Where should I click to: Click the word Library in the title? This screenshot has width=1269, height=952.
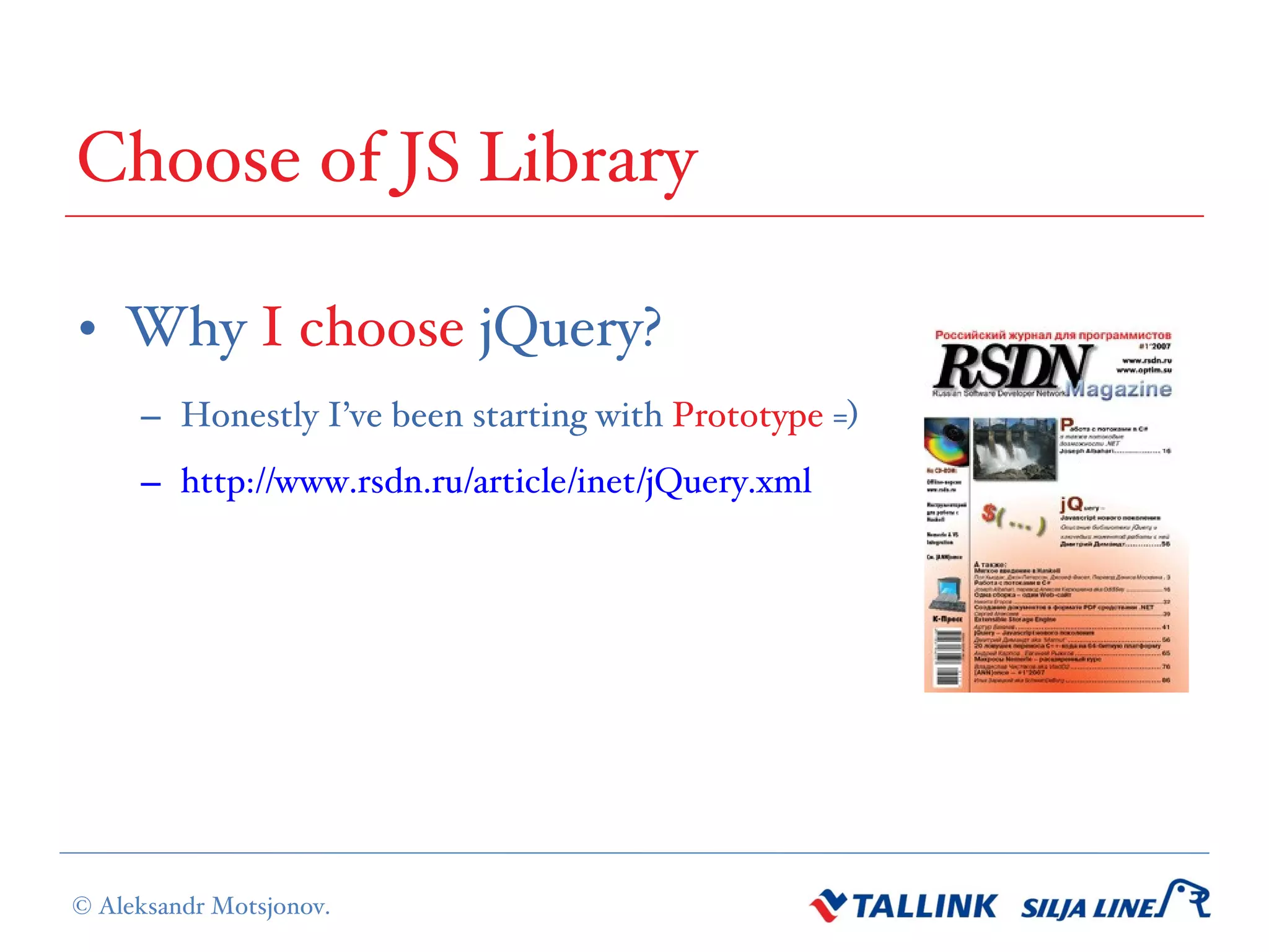click(589, 159)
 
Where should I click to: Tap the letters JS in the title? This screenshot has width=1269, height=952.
click(428, 159)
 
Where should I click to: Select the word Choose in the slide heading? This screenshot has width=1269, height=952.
click(189, 159)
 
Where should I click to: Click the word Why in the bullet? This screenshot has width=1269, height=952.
click(187, 328)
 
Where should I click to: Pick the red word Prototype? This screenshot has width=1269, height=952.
click(748, 415)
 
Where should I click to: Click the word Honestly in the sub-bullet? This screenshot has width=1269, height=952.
click(249, 415)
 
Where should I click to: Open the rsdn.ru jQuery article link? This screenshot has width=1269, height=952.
click(496, 481)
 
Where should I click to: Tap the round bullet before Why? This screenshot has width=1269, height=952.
click(88, 328)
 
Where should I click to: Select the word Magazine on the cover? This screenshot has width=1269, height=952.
click(1120, 389)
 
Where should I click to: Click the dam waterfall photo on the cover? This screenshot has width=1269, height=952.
click(1014, 449)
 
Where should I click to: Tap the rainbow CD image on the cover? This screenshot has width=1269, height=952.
click(946, 441)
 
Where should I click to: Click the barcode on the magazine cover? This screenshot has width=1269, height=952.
click(948, 657)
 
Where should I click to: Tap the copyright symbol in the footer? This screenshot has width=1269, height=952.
click(82, 906)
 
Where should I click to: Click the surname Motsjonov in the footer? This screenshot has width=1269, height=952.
click(270, 906)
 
